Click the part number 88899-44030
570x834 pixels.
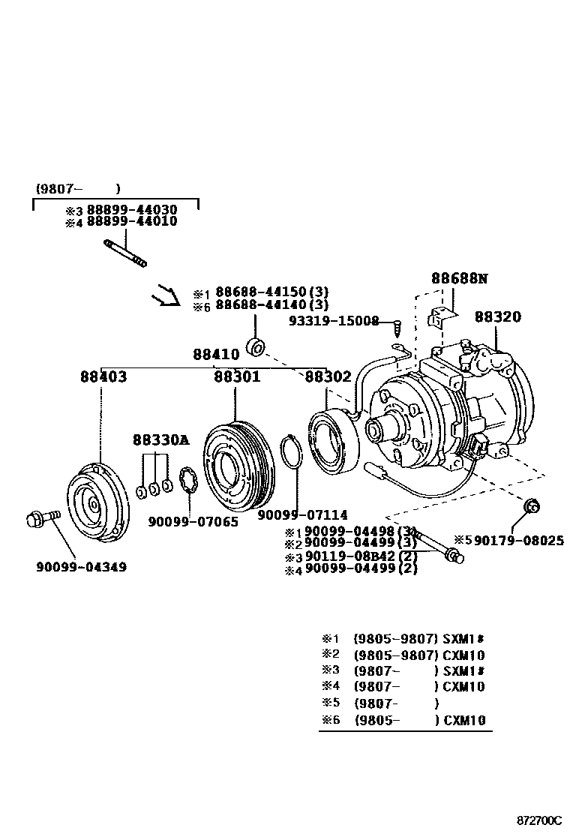(132, 210)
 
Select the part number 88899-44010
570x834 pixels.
(132, 222)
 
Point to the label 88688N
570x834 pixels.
(459, 278)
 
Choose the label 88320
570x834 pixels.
(497, 317)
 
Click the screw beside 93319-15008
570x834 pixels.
(397, 326)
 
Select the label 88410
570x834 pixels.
(216, 354)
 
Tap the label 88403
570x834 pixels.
(103, 376)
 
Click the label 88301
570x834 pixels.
(237, 376)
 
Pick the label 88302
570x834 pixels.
(328, 376)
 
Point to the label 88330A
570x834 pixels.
(160, 440)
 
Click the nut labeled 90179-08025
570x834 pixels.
(530, 508)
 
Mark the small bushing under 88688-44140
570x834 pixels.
(256, 348)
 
